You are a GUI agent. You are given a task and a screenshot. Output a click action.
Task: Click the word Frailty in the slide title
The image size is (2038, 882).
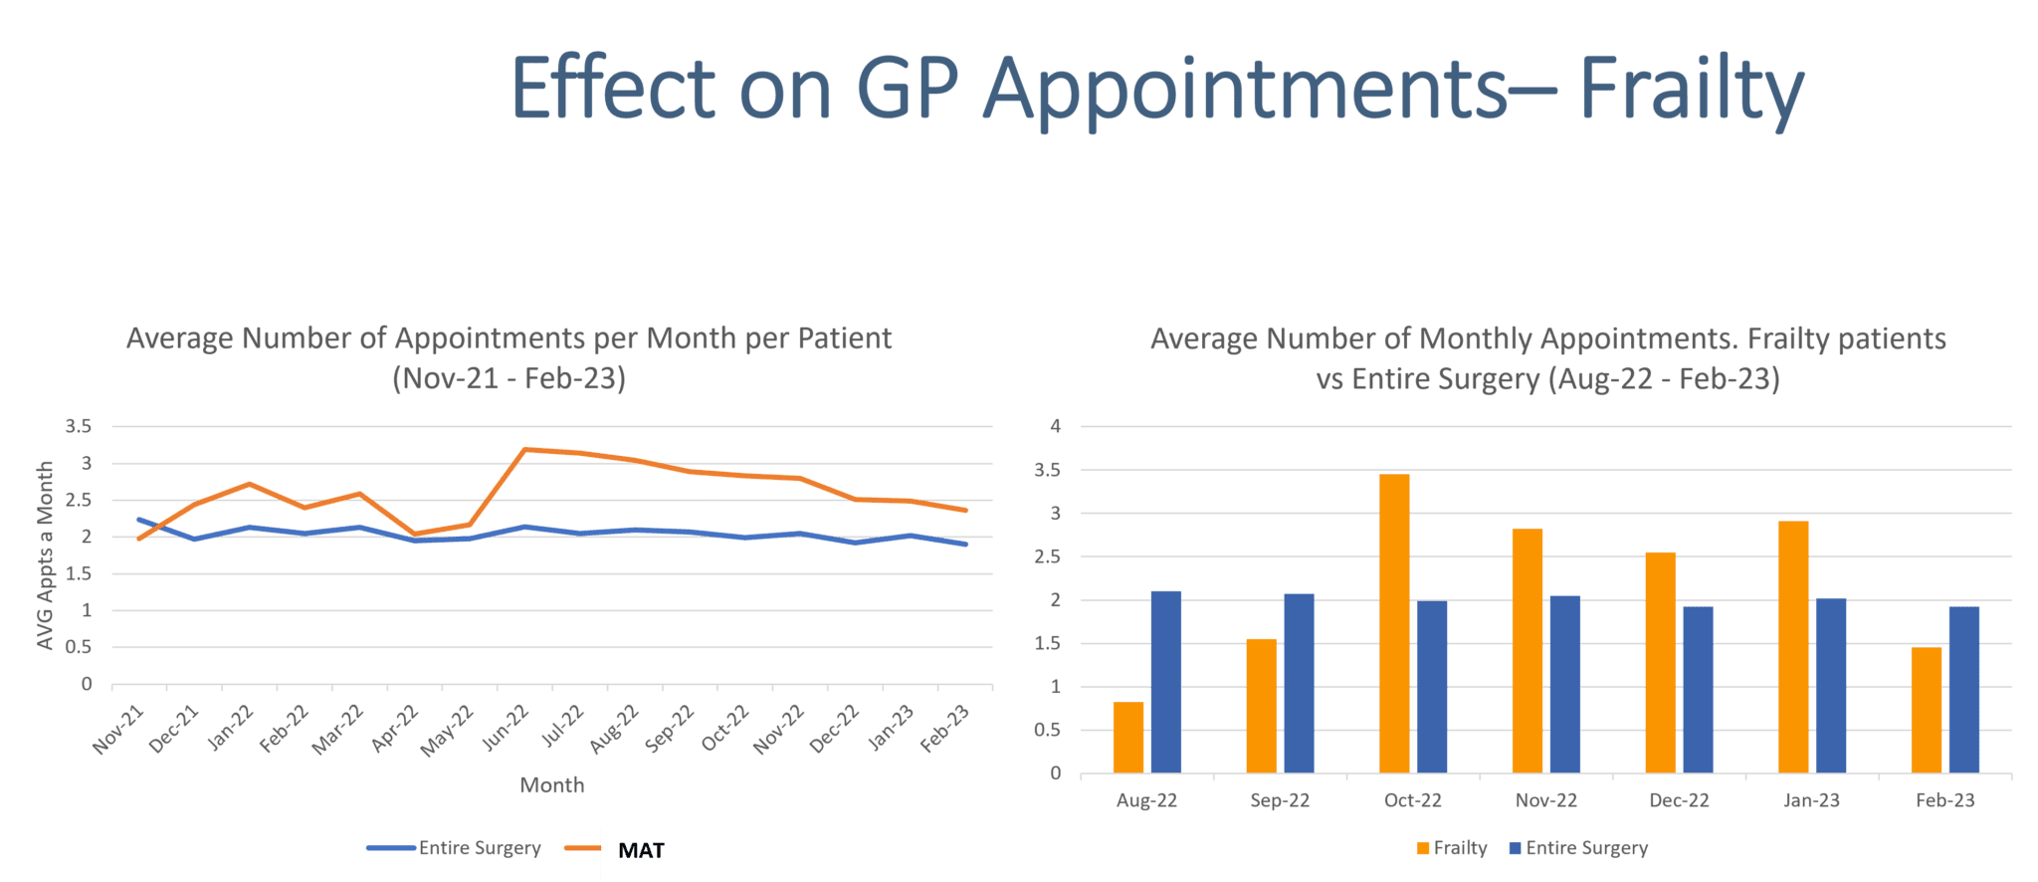pyautogui.click(x=1692, y=90)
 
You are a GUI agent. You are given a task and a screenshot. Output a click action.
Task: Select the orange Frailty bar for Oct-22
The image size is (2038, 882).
pyautogui.click(x=1394, y=623)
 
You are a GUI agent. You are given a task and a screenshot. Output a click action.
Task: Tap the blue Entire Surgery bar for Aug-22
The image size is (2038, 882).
pyautogui.click(x=1165, y=682)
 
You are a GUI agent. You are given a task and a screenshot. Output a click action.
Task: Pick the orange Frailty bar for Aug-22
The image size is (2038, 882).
pyautogui.click(x=1127, y=737)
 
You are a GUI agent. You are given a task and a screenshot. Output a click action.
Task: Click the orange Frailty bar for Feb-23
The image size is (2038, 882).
pyautogui.click(x=1926, y=710)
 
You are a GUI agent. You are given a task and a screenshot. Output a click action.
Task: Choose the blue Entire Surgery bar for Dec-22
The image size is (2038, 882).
pyautogui.click(x=1698, y=690)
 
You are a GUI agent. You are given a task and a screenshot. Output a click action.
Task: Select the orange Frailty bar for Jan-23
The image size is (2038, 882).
pyautogui.click(x=1793, y=647)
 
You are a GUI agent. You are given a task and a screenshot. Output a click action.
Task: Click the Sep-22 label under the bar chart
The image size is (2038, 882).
pyautogui.click(x=1281, y=800)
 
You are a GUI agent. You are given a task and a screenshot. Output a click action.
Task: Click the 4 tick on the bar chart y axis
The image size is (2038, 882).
pyautogui.click(x=1056, y=426)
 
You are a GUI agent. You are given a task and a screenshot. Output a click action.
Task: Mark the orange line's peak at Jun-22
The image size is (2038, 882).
pyautogui.click(x=524, y=450)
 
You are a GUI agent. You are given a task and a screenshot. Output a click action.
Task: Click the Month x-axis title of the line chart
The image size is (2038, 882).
pyautogui.click(x=551, y=785)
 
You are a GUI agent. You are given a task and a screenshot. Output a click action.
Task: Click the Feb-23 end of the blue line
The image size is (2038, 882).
pyautogui.click(x=963, y=545)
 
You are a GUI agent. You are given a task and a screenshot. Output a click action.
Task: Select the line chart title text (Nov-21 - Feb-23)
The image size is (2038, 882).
pyautogui.click(x=509, y=358)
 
